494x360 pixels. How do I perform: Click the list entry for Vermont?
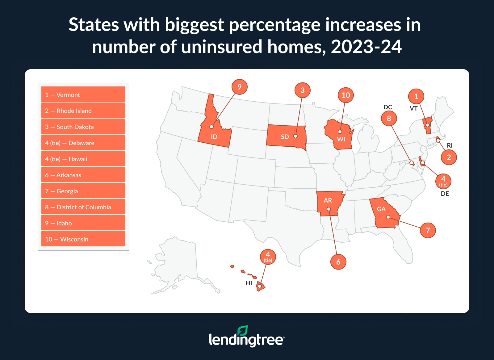(x=83, y=94)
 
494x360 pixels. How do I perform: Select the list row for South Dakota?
(x=83, y=127)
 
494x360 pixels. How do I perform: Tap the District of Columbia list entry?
(x=83, y=207)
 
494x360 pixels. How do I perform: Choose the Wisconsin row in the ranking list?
(x=83, y=239)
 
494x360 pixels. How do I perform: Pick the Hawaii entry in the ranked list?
(x=83, y=159)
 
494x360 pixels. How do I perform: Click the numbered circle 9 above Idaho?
(x=239, y=87)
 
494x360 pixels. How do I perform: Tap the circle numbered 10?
(x=345, y=95)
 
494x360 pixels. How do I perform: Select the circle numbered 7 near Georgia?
(x=428, y=230)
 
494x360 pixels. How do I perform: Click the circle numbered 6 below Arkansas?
(x=338, y=262)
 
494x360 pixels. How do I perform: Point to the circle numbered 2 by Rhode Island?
(x=449, y=157)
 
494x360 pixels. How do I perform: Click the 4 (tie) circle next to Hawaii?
(x=268, y=257)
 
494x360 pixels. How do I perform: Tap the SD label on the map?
(x=285, y=137)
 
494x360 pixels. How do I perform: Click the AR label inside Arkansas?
(x=328, y=200)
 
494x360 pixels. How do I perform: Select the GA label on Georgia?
(x=381, y=209)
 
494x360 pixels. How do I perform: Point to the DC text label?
(x=387, y=107)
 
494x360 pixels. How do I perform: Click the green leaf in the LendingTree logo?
(x=242, y=331)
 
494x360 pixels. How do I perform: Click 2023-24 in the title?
(x=366, y=47)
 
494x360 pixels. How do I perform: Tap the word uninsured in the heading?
(x=222, y=47)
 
